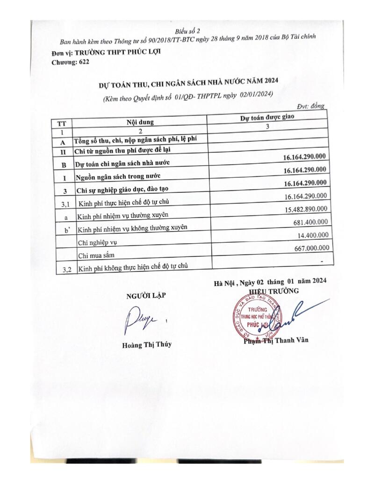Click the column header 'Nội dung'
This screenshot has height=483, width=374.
click(140, 122)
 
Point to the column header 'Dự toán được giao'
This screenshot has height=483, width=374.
click(267, 119)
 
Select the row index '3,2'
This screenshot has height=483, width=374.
click(64, 269)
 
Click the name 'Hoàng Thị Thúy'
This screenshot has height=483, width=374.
click(144, 344)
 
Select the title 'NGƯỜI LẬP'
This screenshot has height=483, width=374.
click(145, 295)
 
